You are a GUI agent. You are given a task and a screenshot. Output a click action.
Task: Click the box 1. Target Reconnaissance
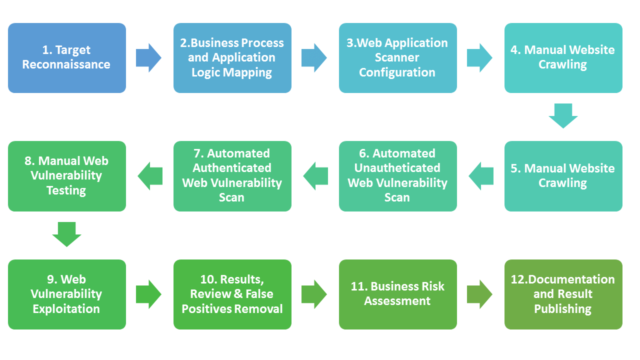[66, 57]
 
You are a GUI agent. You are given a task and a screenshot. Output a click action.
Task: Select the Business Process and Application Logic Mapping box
[232, 57]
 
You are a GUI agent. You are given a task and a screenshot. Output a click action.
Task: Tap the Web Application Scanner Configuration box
[397, 57]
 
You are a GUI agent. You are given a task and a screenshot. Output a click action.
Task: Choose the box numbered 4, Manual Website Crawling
[563, 57]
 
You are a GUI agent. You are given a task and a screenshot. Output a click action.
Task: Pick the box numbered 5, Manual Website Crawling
[563, 176]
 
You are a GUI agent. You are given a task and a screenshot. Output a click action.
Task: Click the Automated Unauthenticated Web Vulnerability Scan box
[397, 176]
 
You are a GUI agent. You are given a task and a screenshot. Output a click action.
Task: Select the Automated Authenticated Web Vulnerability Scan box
[232, 176]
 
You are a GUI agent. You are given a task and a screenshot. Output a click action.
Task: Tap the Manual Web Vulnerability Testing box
[66, 176]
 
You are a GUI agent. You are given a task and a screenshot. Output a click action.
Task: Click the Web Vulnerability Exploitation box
[66, 294]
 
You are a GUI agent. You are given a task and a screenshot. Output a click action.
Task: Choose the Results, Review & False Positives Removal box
[232, 294]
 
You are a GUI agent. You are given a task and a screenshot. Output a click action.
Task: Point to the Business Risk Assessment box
[397, 294]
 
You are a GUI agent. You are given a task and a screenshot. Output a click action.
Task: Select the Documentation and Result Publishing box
[563, 294]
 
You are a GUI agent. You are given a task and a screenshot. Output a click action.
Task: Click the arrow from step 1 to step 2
[149, 57]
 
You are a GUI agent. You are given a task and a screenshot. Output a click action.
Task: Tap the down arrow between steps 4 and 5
[563, 115]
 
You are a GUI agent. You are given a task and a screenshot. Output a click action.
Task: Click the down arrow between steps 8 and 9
[66, 234]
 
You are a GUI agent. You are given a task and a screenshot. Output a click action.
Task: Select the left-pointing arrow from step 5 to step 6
[481, 176]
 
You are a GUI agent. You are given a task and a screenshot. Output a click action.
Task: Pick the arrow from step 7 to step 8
[150, 176]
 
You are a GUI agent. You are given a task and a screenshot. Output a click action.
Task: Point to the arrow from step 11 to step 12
[480, 294]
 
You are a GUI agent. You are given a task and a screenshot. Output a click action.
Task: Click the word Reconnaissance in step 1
[66, 64]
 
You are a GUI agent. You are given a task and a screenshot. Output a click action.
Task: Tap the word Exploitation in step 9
[66, 309]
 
